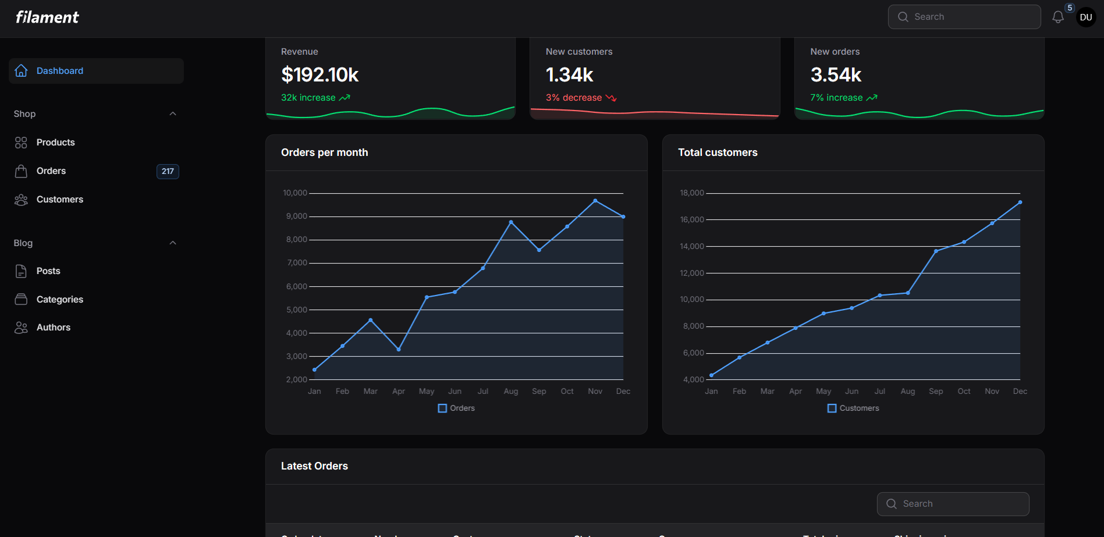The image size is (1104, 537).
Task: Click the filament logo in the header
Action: point(47,17)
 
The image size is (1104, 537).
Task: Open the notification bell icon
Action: point(1057,17)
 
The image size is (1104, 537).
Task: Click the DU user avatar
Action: point(1085,17)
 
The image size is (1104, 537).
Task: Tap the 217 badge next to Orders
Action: point(168,172)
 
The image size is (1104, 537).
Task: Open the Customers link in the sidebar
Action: point(59,200)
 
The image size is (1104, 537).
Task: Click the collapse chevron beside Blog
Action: point(173,243)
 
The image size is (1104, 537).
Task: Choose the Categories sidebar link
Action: point(59,300)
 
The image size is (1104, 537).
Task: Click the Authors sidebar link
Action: point(53,328)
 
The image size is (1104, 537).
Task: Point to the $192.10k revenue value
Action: point(320,75)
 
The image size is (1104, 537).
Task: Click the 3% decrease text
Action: point(573,98)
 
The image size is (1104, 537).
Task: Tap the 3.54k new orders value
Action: point(836,75)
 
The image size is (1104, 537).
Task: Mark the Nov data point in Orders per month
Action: point(595,201)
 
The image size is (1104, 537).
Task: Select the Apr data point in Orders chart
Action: point(399,349)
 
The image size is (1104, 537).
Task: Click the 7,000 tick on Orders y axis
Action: point(296,263)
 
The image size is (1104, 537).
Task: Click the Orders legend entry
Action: point(456,408)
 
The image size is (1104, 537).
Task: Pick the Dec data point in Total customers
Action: point(1020,202)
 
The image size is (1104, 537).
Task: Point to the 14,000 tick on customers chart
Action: point(691,247)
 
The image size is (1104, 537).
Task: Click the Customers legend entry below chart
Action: point(853,408)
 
